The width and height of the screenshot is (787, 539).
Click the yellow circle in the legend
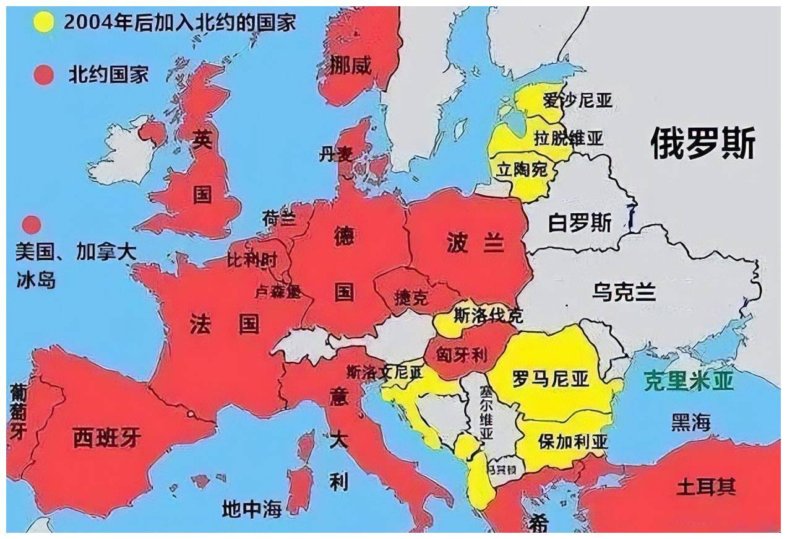point(43,22)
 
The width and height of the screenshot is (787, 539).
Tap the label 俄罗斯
point(702,144)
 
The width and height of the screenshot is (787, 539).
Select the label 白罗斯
point(580,223)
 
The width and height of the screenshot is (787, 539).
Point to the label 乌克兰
point(624,292)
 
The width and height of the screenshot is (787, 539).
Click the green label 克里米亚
point(689,380)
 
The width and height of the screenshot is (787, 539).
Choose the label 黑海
point(690,423)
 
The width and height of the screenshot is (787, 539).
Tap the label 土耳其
point(705,487)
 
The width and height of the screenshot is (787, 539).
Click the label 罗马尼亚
point(550,379)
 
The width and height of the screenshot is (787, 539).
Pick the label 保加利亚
point(573,442)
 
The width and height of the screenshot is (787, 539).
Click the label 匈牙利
point(462,355)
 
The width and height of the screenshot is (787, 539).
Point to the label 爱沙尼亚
point(577,100)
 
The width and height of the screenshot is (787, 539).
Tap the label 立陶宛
point(523,168)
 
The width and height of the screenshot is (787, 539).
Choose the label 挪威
point(351,65)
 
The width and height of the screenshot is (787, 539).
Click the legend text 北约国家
point(108,75)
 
